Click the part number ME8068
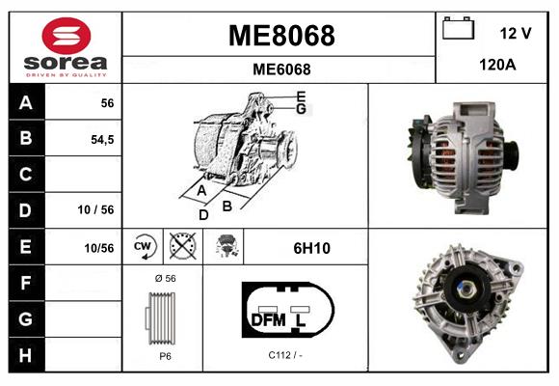(280, 36)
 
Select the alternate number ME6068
(280, 69)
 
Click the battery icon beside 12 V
(457, 30)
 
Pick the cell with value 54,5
(102, 139)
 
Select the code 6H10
(311, 247)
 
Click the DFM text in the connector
(268, 318)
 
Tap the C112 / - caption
(286, 355)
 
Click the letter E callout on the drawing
(301, 96)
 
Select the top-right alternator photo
(463, 154)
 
